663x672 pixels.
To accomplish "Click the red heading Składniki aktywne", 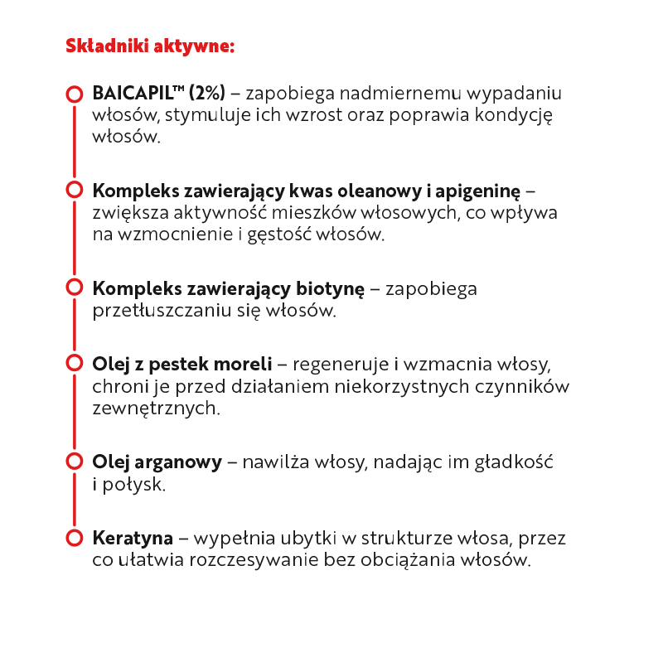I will click(150, 46).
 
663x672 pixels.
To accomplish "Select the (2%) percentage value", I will click(206, 94).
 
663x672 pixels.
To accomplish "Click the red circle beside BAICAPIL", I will click(74, 94).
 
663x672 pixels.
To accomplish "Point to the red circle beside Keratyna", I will click(74, 538).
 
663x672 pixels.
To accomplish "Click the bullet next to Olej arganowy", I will click(74, 461).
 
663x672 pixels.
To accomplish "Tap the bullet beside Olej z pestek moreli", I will click(74, 364).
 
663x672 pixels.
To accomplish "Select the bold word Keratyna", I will click(133, 539).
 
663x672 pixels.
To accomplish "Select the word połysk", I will click(134, 485).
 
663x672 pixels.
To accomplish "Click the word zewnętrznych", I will click(156, 409).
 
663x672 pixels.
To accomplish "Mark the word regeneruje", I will click(339, 365).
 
